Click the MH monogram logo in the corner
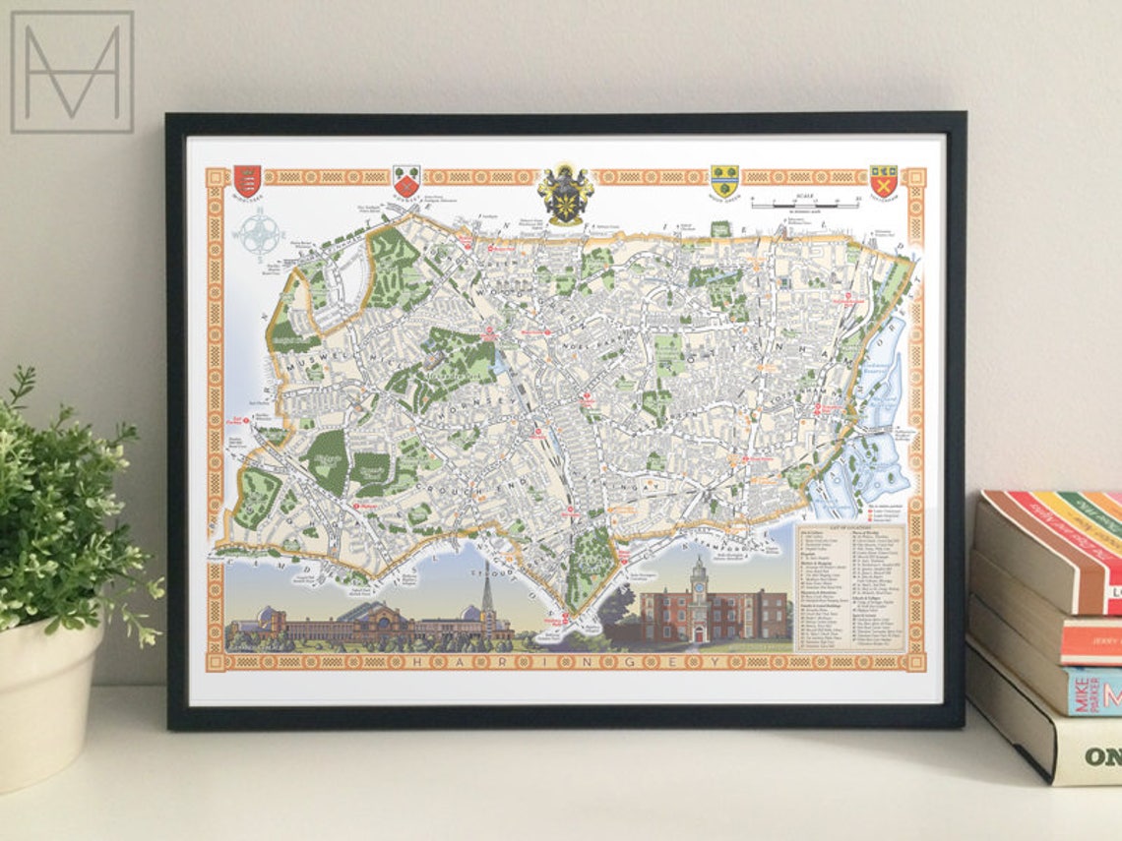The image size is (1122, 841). pyautogui.click(x=72, y=72)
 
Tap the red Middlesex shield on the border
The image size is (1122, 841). pyautogui.click(x=247, y=180)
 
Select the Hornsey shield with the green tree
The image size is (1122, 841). pyautogui.click(x=406, y=180)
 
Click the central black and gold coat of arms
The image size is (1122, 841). pyautogui.click(x=565, y=192)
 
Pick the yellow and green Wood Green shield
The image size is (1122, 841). pyautogui.click(x=724, y=180)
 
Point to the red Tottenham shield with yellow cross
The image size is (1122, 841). pyautogui.click(x=883, y=180)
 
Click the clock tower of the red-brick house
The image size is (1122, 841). pyautogui.click(x=699, y=580)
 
